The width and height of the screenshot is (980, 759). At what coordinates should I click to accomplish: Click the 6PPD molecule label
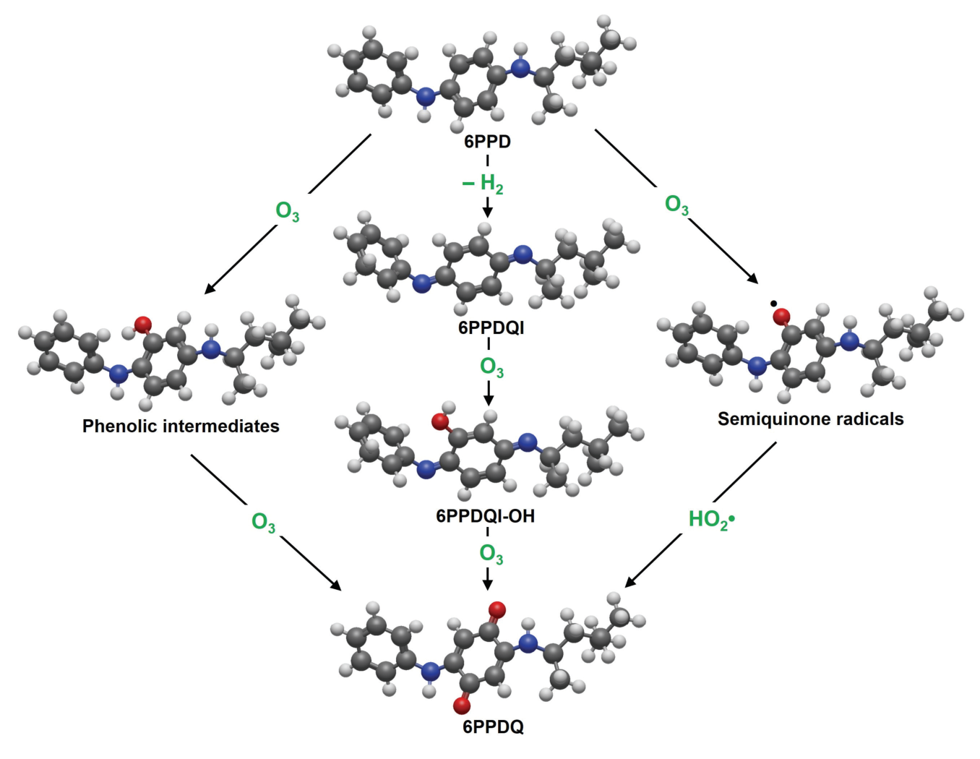[488, 142]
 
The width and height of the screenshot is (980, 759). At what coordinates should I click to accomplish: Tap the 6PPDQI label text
[491, 328]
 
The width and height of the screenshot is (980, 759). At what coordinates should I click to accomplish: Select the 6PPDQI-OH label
[485, 516]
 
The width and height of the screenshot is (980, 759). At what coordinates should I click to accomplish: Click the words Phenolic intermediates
[181, 426]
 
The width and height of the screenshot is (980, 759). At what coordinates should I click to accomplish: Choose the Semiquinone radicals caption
[810, 419]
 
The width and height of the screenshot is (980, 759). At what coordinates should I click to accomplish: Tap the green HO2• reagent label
[712, 520]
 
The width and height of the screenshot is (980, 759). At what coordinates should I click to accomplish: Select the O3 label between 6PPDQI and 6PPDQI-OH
[491, 367]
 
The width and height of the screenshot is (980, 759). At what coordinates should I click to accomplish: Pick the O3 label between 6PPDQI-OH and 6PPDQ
[491, 554]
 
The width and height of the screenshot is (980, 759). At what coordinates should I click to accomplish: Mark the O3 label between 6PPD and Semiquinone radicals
[676, 205]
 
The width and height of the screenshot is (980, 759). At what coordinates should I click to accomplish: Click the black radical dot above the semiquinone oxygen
[773, 303]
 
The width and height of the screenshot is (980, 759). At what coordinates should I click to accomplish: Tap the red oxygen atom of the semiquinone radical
[781, 317]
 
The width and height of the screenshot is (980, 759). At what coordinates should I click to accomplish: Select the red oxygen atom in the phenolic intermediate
[143, 324]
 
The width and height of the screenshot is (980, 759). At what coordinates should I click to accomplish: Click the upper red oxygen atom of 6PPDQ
[497, 609]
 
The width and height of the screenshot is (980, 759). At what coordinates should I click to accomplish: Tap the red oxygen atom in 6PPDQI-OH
[439, 421]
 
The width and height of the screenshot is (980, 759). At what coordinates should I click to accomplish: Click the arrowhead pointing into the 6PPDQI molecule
[487, 212]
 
